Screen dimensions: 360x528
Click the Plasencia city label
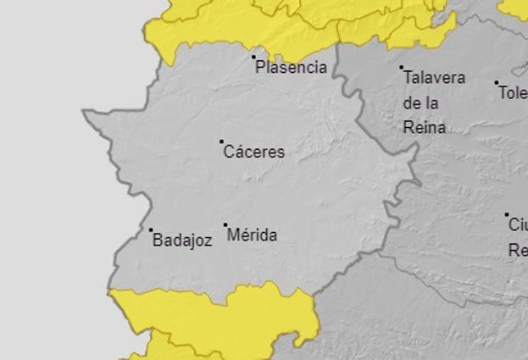[291, 68]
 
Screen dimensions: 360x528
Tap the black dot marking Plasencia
[253, 58]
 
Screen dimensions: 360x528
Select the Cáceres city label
[253, 152]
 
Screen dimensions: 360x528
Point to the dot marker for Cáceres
[222, 141]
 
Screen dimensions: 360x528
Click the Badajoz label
[182, 241]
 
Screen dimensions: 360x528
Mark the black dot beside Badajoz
[152, 230]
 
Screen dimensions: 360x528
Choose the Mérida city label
[252, 235]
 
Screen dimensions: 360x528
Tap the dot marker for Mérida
[225, 225]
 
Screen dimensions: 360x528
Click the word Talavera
[434, 78]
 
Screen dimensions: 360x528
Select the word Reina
[424, 128]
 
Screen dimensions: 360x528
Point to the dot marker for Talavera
[402, 67]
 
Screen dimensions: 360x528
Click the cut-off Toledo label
[513, 93]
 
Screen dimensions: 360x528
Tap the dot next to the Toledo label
[497, 83]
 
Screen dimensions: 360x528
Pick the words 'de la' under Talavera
[420, 102]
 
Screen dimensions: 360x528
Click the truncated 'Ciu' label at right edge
[517, 225]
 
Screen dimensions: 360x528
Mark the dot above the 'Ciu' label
[507, 215]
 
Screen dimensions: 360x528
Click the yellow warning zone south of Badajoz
[212, 318]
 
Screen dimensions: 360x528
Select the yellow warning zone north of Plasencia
[237, 25]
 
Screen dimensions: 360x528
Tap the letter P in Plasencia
[261, 68]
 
